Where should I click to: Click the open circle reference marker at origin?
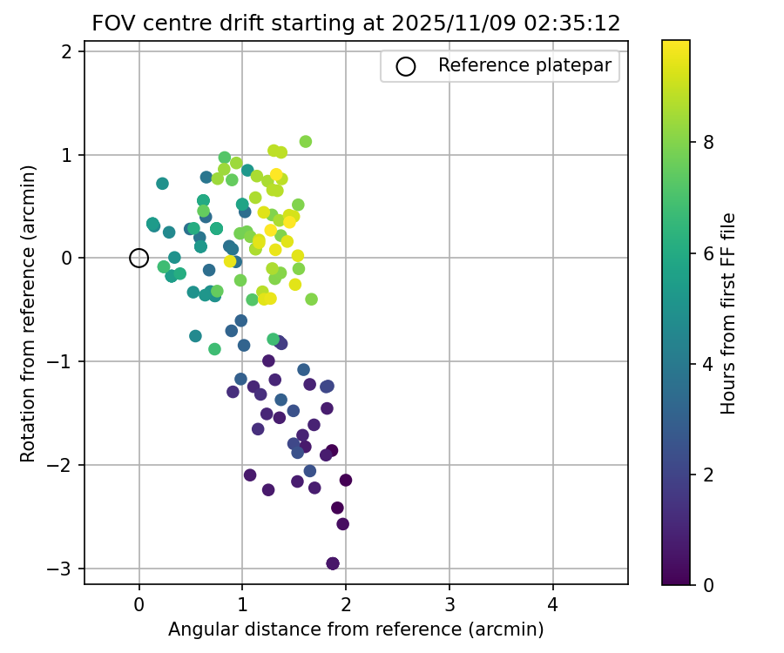point(139,258)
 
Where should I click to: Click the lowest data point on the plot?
point(333,563)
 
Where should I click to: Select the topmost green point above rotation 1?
point(306,141)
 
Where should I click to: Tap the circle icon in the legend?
point(406,66)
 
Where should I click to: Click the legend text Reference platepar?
point(524,66)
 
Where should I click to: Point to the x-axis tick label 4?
point(553,605)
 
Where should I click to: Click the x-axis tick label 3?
point(449,605)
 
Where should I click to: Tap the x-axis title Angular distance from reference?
point(355,629)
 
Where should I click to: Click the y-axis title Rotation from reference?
point(29,313)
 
